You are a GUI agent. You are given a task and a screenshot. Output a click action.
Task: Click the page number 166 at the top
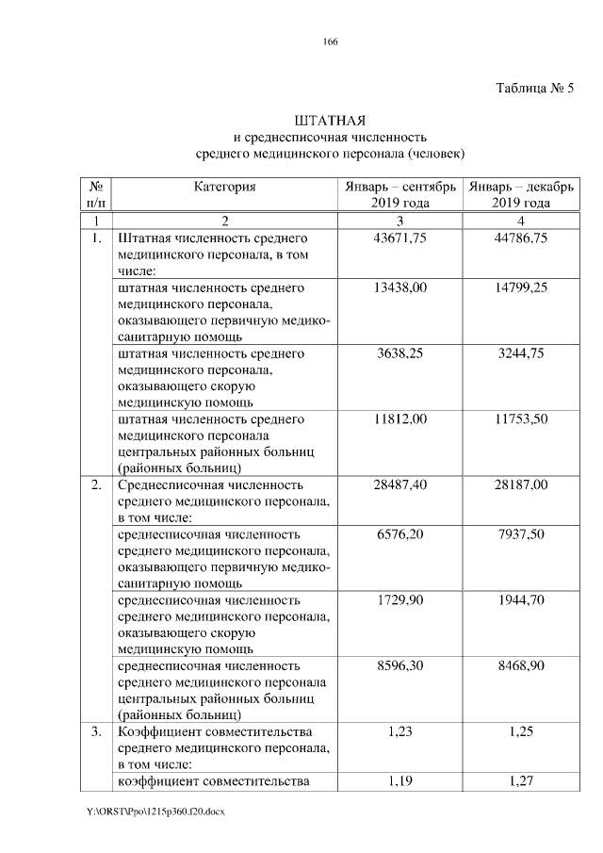click(330, 41)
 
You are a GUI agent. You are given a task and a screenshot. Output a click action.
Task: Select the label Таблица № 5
click(534, 89)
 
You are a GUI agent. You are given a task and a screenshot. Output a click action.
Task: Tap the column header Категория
click(224, 187)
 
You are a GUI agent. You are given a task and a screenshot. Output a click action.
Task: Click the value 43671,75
click(401, 238)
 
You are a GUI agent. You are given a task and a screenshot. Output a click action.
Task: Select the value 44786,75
click(520, 238)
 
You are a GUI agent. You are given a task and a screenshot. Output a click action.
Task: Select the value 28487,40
click(401, 484)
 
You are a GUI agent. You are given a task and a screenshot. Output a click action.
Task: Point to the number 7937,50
click(520, 533)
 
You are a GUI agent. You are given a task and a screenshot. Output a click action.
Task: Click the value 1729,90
click(401, 599)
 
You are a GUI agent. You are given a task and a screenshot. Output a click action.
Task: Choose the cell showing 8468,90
click(520, 665)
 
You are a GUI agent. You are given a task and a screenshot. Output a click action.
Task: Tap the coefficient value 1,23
click(401, 731)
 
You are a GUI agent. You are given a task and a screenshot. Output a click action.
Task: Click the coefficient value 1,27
click(520, 780)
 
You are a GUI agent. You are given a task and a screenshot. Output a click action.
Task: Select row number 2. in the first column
click(96, 484)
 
